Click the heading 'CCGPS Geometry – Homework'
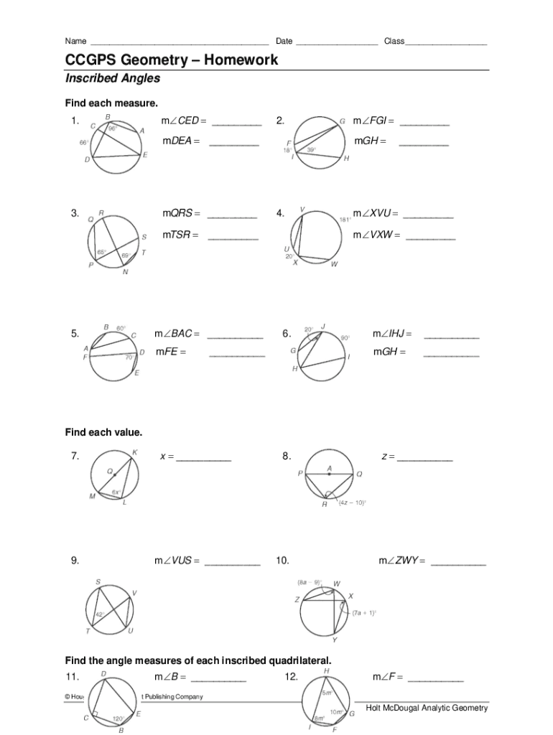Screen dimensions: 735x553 172,60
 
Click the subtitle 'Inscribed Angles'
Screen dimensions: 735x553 113,78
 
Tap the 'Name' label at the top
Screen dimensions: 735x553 75,41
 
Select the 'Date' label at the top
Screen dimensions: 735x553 284,41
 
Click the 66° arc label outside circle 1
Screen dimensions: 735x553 84,143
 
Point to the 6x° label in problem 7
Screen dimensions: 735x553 115,492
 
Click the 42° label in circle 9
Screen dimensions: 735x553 100,614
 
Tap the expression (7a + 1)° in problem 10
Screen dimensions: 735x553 364,613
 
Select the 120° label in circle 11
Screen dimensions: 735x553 118,718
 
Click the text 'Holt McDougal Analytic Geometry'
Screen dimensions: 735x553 427,708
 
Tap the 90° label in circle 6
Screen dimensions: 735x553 345,337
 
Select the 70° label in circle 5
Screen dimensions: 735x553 129,357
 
